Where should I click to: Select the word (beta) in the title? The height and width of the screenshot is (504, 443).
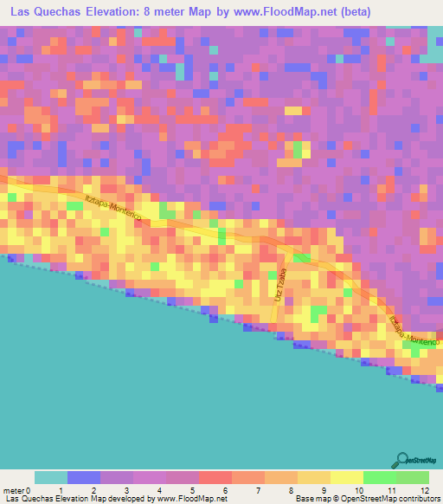tap(355, 12)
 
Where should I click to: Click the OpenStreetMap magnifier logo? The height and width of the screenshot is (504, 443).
tap(400, 460)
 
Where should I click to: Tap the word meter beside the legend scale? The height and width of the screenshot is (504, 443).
tap(15, 490)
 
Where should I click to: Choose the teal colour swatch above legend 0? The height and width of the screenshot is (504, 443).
tap(51, 477)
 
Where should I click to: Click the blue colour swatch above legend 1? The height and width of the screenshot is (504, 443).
tap(84, 477)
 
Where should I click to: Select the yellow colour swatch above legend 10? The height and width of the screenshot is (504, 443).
tap(347, 477)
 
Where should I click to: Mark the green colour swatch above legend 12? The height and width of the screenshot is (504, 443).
tap(413, 477)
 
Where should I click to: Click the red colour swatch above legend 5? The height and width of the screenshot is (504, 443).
tap(215, 477)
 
